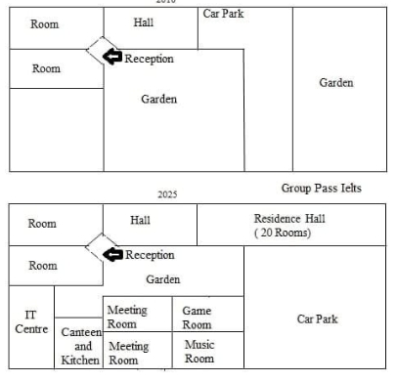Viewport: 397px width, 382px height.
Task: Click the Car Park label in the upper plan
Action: point(224,14)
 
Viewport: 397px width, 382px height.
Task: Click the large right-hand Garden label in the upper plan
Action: point(335,83)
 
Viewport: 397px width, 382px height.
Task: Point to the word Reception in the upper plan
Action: point(149,59)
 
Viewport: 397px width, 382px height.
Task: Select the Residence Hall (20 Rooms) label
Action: point(283,226)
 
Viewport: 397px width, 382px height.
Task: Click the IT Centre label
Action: point(31,321)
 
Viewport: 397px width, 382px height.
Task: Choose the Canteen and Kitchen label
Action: point(81,346)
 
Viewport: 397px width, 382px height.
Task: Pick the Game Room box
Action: point(196,317)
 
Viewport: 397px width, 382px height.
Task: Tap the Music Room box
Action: point(198,352)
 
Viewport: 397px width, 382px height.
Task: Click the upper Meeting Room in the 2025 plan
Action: point(127,317)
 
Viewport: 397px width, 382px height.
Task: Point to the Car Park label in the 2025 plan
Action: point(317,318)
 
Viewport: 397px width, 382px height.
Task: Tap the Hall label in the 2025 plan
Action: point(141,220)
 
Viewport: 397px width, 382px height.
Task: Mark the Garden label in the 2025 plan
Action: point(163,279)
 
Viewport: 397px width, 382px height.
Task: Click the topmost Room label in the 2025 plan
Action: point(42,224)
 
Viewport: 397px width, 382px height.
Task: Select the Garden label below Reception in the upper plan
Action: point(159,100)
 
